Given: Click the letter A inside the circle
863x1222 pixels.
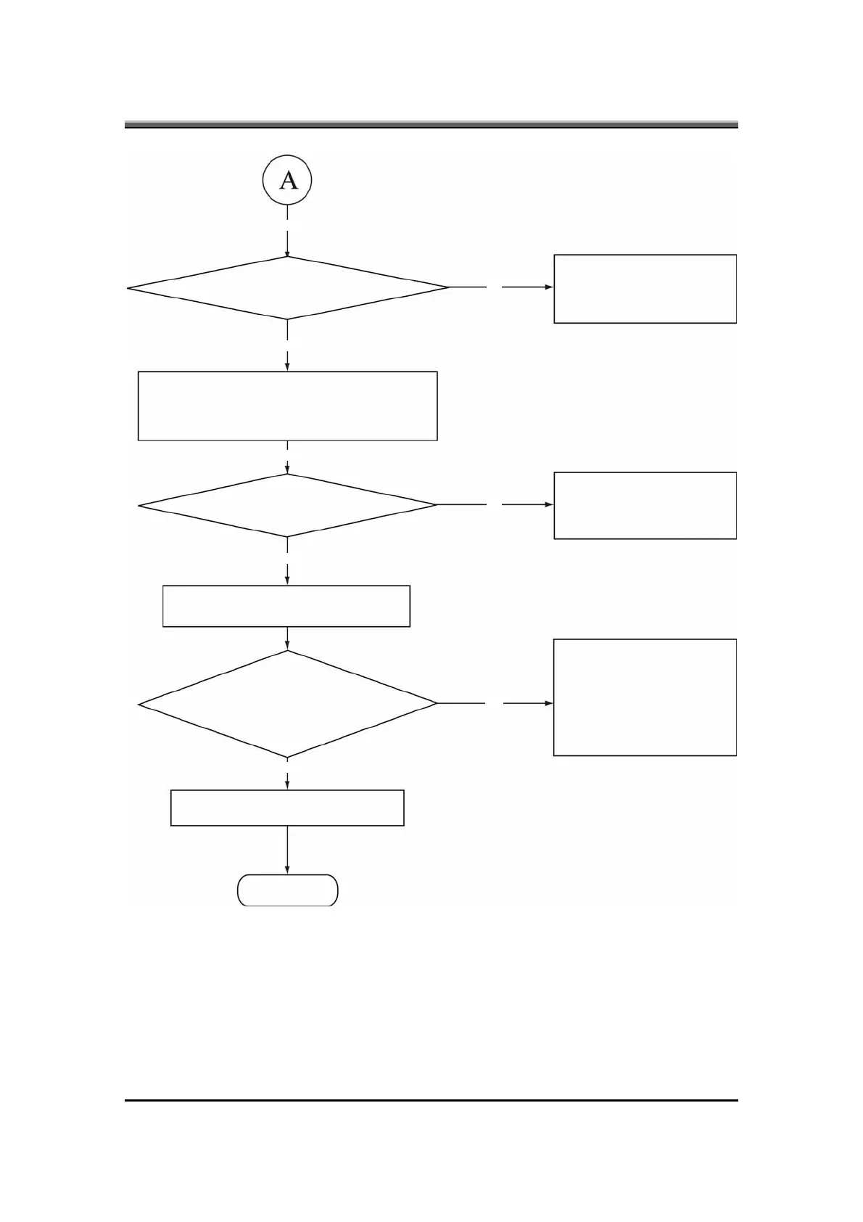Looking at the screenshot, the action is click(288, 179).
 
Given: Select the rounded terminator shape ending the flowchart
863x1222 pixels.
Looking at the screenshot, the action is click(288, 890).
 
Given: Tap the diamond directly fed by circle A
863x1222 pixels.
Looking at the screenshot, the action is click(288, 288).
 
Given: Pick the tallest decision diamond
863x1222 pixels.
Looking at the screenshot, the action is click(288, 704).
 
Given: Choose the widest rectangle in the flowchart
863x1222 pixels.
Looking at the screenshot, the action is click(288, 406).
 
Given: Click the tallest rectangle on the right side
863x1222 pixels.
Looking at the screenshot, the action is click(645, 697).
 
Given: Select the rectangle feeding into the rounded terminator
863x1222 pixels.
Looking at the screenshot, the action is click(287, 808).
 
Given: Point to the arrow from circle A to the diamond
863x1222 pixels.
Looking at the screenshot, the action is click(288, 232).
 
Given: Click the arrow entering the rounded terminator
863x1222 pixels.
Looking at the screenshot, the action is click(288, 850).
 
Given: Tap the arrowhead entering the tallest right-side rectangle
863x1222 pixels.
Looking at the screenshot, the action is click(549, 703).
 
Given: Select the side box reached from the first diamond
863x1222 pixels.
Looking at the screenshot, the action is click(645, 289).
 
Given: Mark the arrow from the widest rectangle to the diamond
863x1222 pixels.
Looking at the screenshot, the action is click(288, 458).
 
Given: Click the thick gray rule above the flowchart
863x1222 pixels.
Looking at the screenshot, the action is click(431, 125).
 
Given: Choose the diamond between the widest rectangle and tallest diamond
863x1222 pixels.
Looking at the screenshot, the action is click(288, 505).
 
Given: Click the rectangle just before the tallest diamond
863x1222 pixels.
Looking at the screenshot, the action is click(286, 606).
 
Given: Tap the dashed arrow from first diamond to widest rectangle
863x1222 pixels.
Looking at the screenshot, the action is click(288, 345).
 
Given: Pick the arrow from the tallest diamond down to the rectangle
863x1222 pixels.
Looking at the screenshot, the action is click(288, 775).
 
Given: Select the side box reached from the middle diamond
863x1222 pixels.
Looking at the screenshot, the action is click(645, 506).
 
